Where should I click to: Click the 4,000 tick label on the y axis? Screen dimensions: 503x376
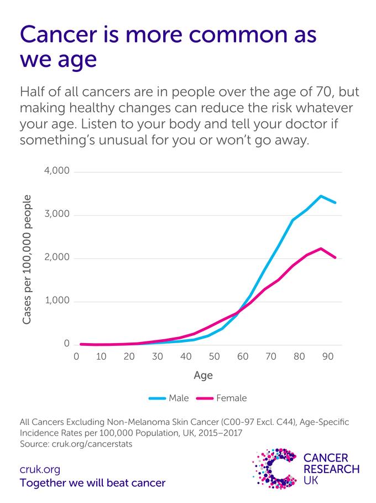[57, 172]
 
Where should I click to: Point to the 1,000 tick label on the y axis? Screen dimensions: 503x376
[57, 302]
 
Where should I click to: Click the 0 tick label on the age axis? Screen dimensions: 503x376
[77, 357]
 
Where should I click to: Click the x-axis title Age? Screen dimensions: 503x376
[203, 375]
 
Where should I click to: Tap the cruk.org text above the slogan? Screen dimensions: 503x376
[40, 470]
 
